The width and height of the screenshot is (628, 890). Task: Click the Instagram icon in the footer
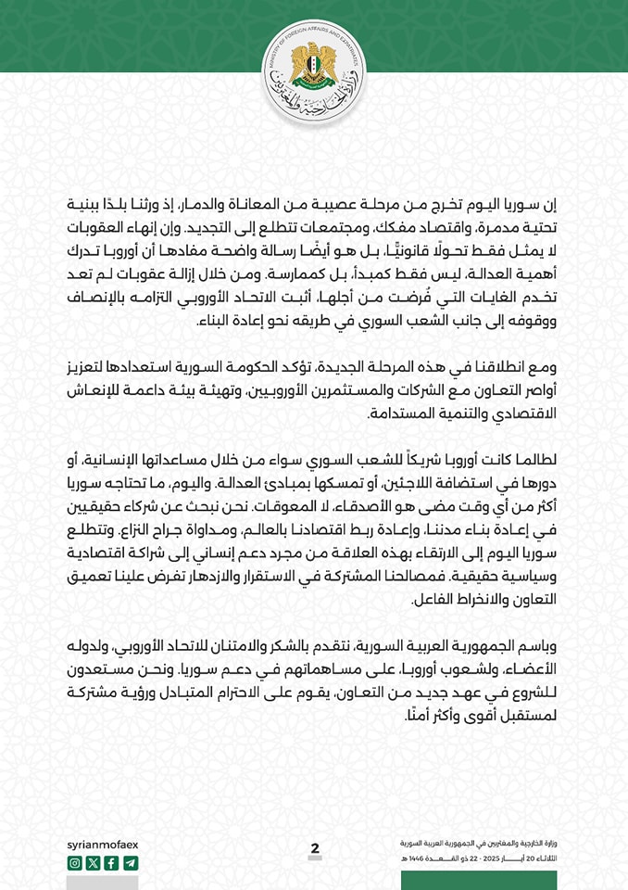(x=75, y=863)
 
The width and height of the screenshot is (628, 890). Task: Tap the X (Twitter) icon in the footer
(x=93, y=863)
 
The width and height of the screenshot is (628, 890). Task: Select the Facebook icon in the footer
(x=111, y=863)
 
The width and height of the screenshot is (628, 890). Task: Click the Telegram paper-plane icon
(x=130, y=863)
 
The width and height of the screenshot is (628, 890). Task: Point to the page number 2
(x=315, y=848)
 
